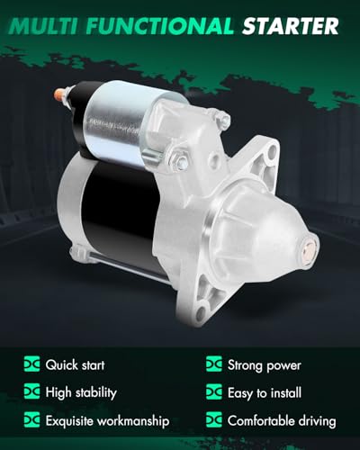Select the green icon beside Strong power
(x=214, y=365)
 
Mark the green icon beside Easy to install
(x=214, y=392)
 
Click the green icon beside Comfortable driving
(x=214, y=420)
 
